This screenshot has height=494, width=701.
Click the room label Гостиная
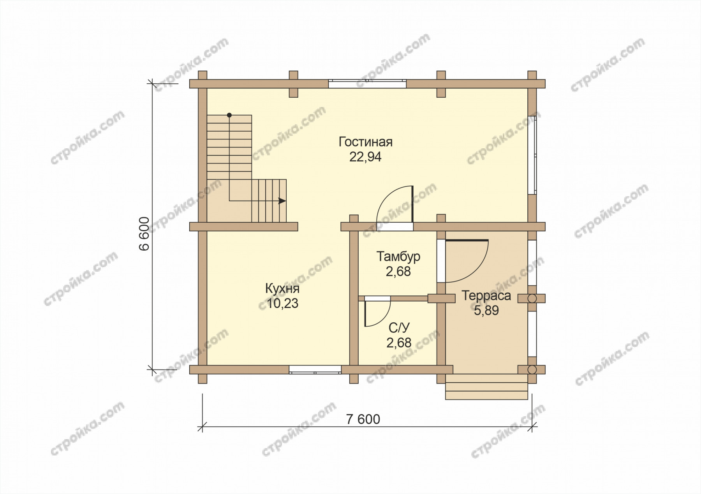[365, 142]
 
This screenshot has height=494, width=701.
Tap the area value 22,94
[365, 157]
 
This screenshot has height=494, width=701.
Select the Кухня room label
[282, 289]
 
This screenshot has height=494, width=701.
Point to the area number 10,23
[282, 304]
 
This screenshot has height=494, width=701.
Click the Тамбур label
[398, 257]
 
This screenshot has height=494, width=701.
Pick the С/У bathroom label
[399, 328]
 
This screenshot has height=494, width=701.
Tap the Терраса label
[486, 296]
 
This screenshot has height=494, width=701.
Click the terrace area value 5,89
[486, 311]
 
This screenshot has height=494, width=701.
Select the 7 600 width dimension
[363, 419]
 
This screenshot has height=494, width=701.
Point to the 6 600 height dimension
[144, 233]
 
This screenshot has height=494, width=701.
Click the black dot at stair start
[229, 115]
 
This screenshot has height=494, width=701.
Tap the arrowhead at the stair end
[282, 201]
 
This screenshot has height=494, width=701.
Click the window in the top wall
[367, 84]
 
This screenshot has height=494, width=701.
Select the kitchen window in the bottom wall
[315, 369]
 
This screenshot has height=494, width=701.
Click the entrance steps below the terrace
[486, 387]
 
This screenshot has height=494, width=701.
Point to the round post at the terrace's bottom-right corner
[532, 369]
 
